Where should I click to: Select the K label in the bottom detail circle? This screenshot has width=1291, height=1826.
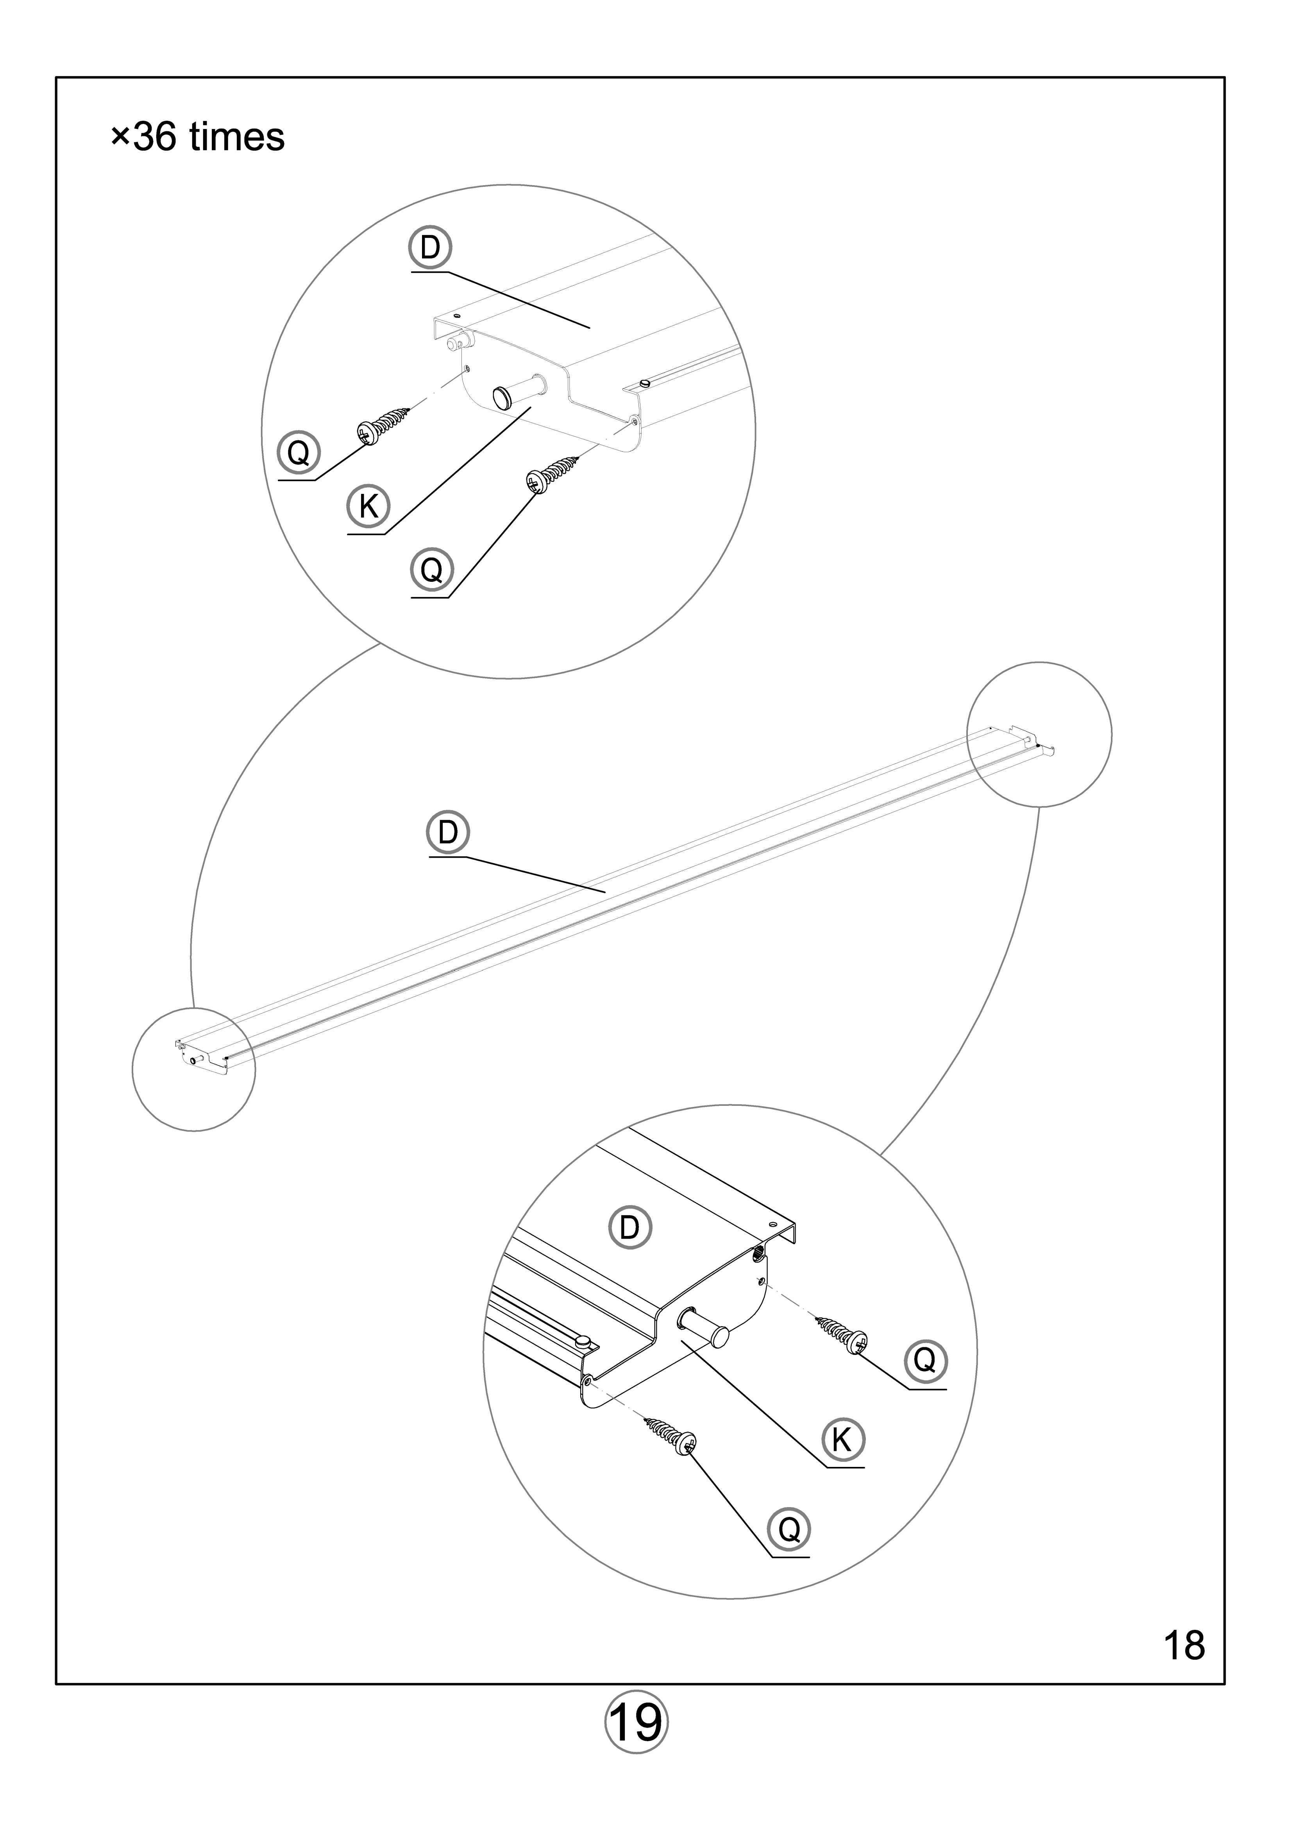point(842,1440)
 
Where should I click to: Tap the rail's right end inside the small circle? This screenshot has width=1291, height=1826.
point(1026,741)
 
